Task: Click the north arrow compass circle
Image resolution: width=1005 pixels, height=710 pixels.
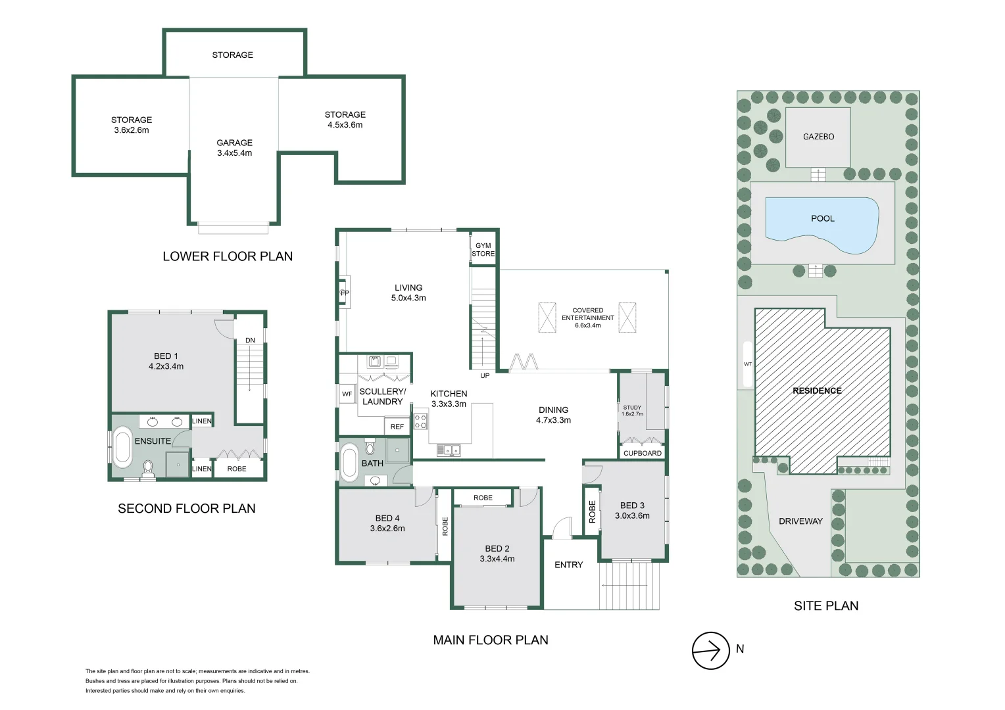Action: point(710,650)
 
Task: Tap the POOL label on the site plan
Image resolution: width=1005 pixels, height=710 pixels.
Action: point(822,218)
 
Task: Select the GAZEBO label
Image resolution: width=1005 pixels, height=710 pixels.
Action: point(818,137)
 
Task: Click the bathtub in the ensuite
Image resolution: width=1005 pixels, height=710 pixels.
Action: point(122,447)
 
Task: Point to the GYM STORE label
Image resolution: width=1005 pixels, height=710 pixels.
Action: point(483,250)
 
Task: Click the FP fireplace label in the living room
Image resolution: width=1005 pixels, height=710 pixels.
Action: point(345,293)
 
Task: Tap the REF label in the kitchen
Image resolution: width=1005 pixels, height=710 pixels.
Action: point(397,427)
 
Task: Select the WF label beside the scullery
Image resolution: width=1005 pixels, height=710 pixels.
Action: point(347,394)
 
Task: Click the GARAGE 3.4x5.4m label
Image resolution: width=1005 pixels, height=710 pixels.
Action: point(234,148)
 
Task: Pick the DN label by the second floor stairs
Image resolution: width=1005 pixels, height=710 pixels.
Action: point(250,341)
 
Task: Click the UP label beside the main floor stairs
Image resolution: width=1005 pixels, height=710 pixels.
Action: point(485,376)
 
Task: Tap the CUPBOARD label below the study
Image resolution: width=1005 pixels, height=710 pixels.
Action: point(642,453)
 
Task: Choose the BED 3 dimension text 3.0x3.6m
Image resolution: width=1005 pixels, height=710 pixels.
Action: point(632,516)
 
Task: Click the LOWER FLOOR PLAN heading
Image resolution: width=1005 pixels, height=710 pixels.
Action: point(228,256)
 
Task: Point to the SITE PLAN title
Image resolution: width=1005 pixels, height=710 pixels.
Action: point(825,606)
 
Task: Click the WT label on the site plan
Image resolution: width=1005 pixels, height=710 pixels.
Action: point(748,364)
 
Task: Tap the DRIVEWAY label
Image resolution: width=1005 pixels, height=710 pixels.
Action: point(800,521)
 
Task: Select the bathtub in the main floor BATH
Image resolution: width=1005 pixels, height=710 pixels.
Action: point(349,463)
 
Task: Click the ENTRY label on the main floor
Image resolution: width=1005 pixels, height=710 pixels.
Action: point(568,565)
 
